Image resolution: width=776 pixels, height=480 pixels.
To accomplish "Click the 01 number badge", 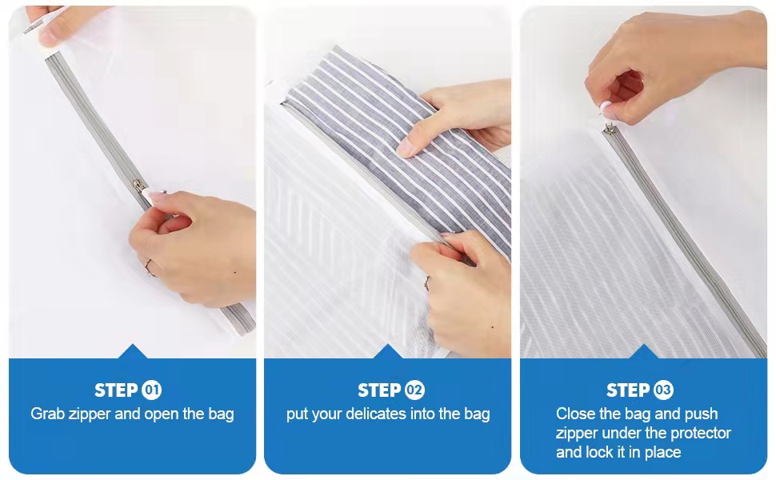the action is click(151, 390).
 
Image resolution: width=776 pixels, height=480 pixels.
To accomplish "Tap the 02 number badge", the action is click(414, 390).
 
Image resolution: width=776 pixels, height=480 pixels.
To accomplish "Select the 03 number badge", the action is click(663, 390).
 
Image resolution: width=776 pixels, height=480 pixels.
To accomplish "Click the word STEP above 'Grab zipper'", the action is click(116, 390).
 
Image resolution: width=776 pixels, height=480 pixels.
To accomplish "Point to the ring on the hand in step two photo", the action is click(426, 282).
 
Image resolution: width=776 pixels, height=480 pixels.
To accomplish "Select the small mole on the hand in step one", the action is click(234, 273).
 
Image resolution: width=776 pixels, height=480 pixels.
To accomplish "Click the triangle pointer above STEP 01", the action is click(132, 351).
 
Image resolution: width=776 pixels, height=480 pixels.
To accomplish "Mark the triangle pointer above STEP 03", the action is click(643, 351).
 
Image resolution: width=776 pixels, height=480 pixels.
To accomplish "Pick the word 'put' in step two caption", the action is click(297, 414).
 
